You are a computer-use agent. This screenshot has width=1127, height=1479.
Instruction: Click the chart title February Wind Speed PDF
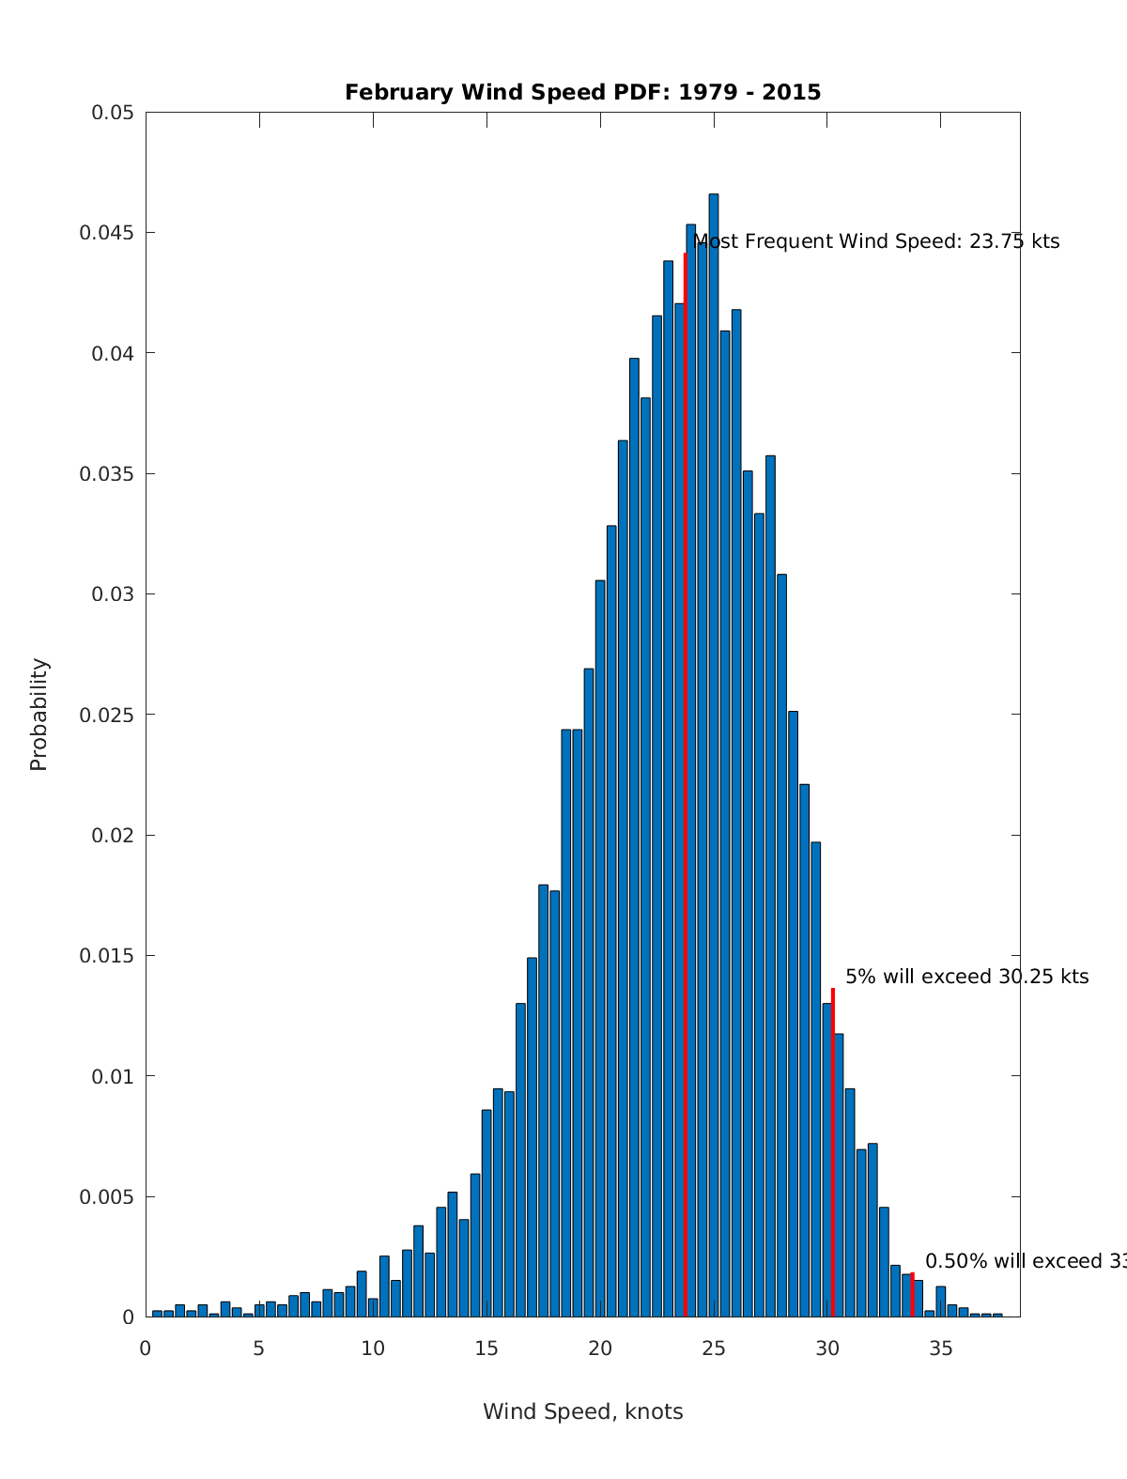tap(582, 92)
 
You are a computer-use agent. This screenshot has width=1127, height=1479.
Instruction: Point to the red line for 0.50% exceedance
tap(912, 1295)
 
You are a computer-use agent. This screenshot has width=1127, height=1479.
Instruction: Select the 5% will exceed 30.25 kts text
tap(966, 977)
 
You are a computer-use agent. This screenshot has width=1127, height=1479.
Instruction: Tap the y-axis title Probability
tap(39, 714)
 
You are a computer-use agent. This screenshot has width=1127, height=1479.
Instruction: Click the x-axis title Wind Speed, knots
tap(582, 1411)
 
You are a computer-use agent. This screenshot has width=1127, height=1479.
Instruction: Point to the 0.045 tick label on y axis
tap(112, 233)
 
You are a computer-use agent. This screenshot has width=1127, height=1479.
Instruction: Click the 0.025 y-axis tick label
tap(112, 715)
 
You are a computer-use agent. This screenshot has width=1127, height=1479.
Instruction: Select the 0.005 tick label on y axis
tap(112, 1196)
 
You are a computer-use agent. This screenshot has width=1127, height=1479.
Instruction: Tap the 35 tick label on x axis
tap(941, 1348)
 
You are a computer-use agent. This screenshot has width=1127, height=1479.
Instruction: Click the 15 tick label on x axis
tap(486, 1348)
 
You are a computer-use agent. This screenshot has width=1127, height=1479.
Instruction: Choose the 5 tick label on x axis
tap(259, 1348)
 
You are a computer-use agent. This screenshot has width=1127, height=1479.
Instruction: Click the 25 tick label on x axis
tap(714, 1348)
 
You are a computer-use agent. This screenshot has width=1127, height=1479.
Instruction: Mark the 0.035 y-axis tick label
tap(112, 474)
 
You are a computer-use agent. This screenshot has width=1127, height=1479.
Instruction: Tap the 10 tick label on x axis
tap(373, 1348)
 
